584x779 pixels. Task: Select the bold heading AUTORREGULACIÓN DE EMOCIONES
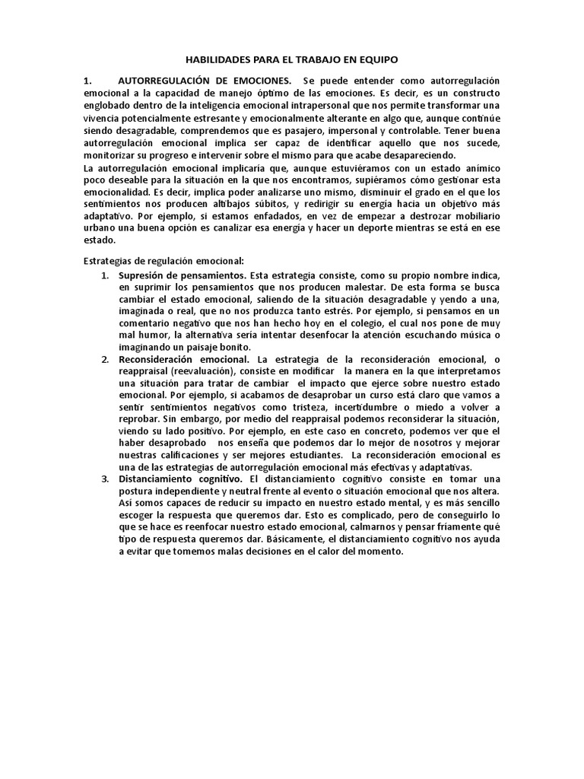205,81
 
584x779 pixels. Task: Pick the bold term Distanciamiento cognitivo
180,479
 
